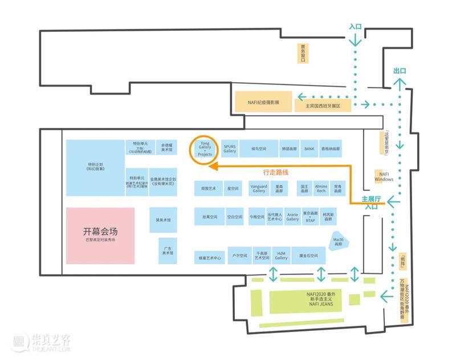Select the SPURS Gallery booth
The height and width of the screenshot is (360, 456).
(x=230, y=148)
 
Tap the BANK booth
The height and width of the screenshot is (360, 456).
(x=309, y=148)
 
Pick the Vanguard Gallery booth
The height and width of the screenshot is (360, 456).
(x=259, y=188)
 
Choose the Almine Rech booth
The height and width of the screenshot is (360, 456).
(x=321, y=188)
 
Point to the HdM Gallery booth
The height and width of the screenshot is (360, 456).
(x=281, y=256)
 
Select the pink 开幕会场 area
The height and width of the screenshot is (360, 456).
(x=100, y=234)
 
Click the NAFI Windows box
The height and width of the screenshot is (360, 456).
(x=384, y=176)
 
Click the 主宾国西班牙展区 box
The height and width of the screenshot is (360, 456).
(x=322, y=106)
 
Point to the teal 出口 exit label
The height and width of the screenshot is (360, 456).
(x=400, y=71)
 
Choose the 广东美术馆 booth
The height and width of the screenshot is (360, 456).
(x=167, y=250)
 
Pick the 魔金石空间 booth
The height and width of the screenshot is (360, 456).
(x=308, y=256)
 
